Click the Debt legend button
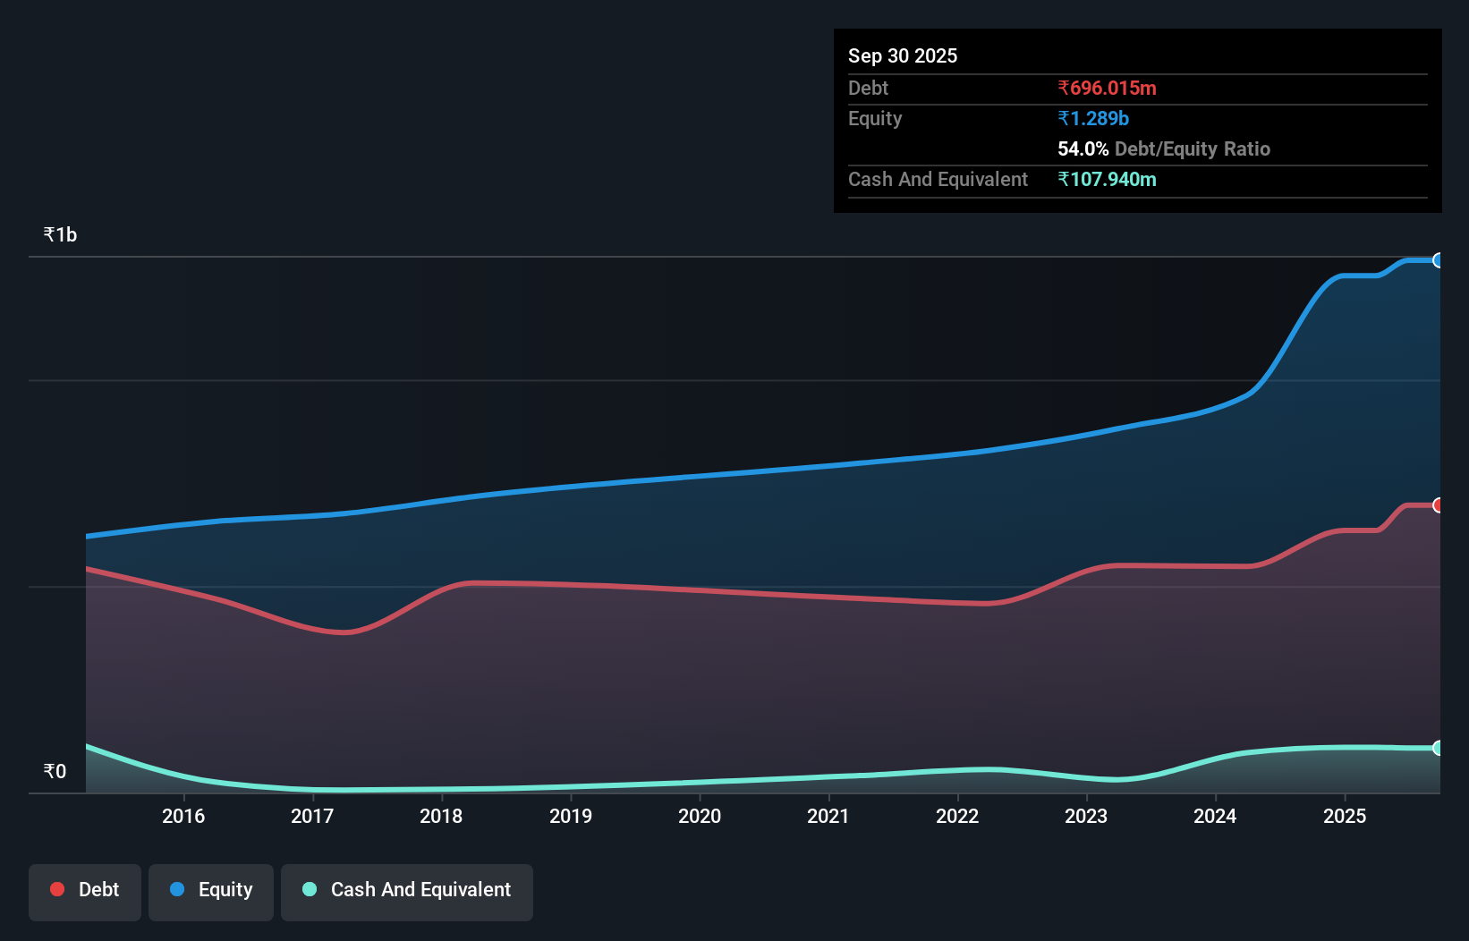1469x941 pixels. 85,890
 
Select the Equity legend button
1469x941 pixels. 211,890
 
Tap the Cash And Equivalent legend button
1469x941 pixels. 407,890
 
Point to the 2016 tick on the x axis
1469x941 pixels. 183,816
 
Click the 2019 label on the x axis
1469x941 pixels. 571,816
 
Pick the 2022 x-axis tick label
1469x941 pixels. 957,816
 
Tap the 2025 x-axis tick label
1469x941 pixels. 1345,816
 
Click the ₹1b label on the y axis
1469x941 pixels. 60,235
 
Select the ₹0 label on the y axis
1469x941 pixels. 55,771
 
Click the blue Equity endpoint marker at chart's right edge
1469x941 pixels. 1438,260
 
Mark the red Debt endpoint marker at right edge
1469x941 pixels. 1438,505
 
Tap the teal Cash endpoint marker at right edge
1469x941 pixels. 1438,748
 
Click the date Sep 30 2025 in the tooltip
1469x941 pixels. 902,55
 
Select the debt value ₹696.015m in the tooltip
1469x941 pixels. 1107,88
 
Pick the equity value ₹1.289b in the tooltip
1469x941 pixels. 1093,118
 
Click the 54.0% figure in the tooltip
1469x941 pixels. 1083,148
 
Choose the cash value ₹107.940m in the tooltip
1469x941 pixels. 1107,179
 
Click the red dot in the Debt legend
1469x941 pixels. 57,889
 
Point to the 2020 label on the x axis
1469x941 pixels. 700,816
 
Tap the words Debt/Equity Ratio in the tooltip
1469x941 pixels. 1192,148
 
